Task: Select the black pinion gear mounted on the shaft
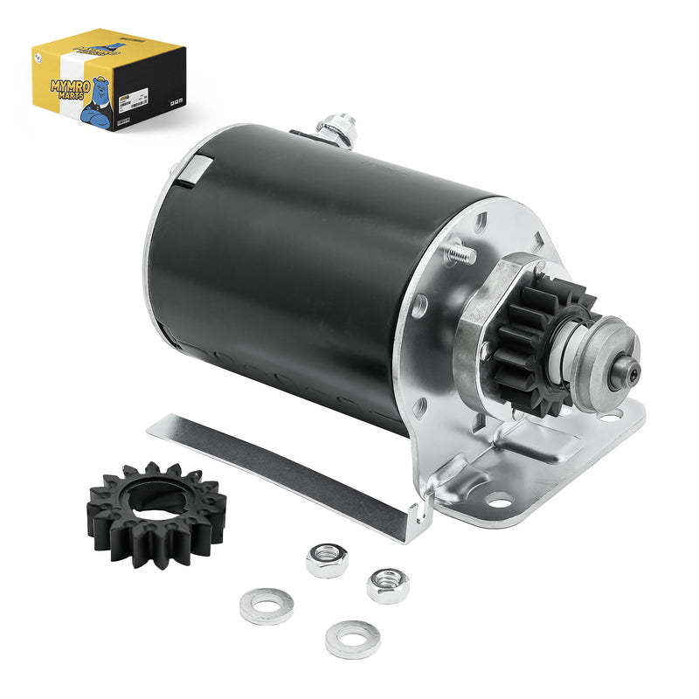[x=533, y=345]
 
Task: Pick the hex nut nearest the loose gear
[x=327, y=560]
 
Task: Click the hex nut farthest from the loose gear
[x=386, y=585]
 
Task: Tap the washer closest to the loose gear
[x=266, y=606]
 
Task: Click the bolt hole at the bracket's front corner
[x=498, y=501]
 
